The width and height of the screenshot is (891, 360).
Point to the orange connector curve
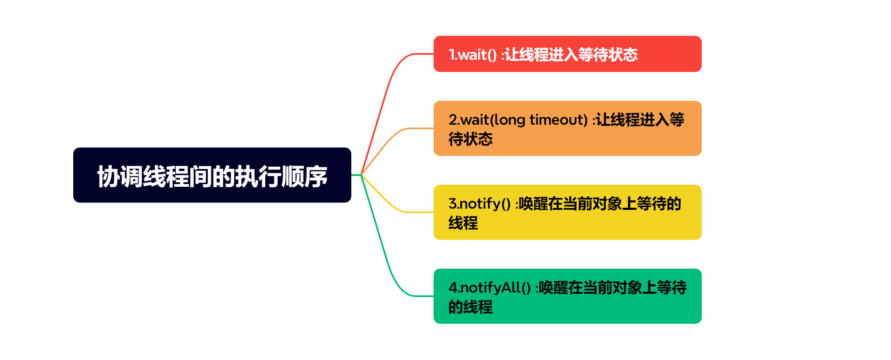pyautogui.click(x=391, y=138)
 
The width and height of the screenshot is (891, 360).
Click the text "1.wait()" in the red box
pyautogui.click(x=473, y=55)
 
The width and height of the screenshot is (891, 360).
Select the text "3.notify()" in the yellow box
pyautogui.click(x=479, y=204)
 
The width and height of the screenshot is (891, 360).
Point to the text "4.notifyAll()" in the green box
pyautogui.click(x=490, y=288)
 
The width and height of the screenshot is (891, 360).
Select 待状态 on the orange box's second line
pyautogui.click(x=471, y=139)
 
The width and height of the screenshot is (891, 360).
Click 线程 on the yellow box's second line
pyautogui.click(x=463, y=223)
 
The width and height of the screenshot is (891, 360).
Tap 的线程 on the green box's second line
pyautogui.click(x=471, y=307)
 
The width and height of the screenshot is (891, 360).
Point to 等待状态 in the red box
pyautogui.click(x=608, y=55)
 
